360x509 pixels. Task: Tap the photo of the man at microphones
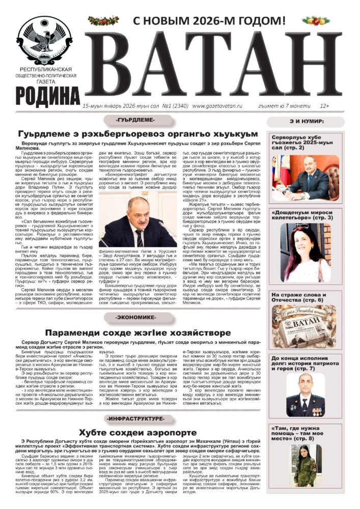point(136,223)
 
